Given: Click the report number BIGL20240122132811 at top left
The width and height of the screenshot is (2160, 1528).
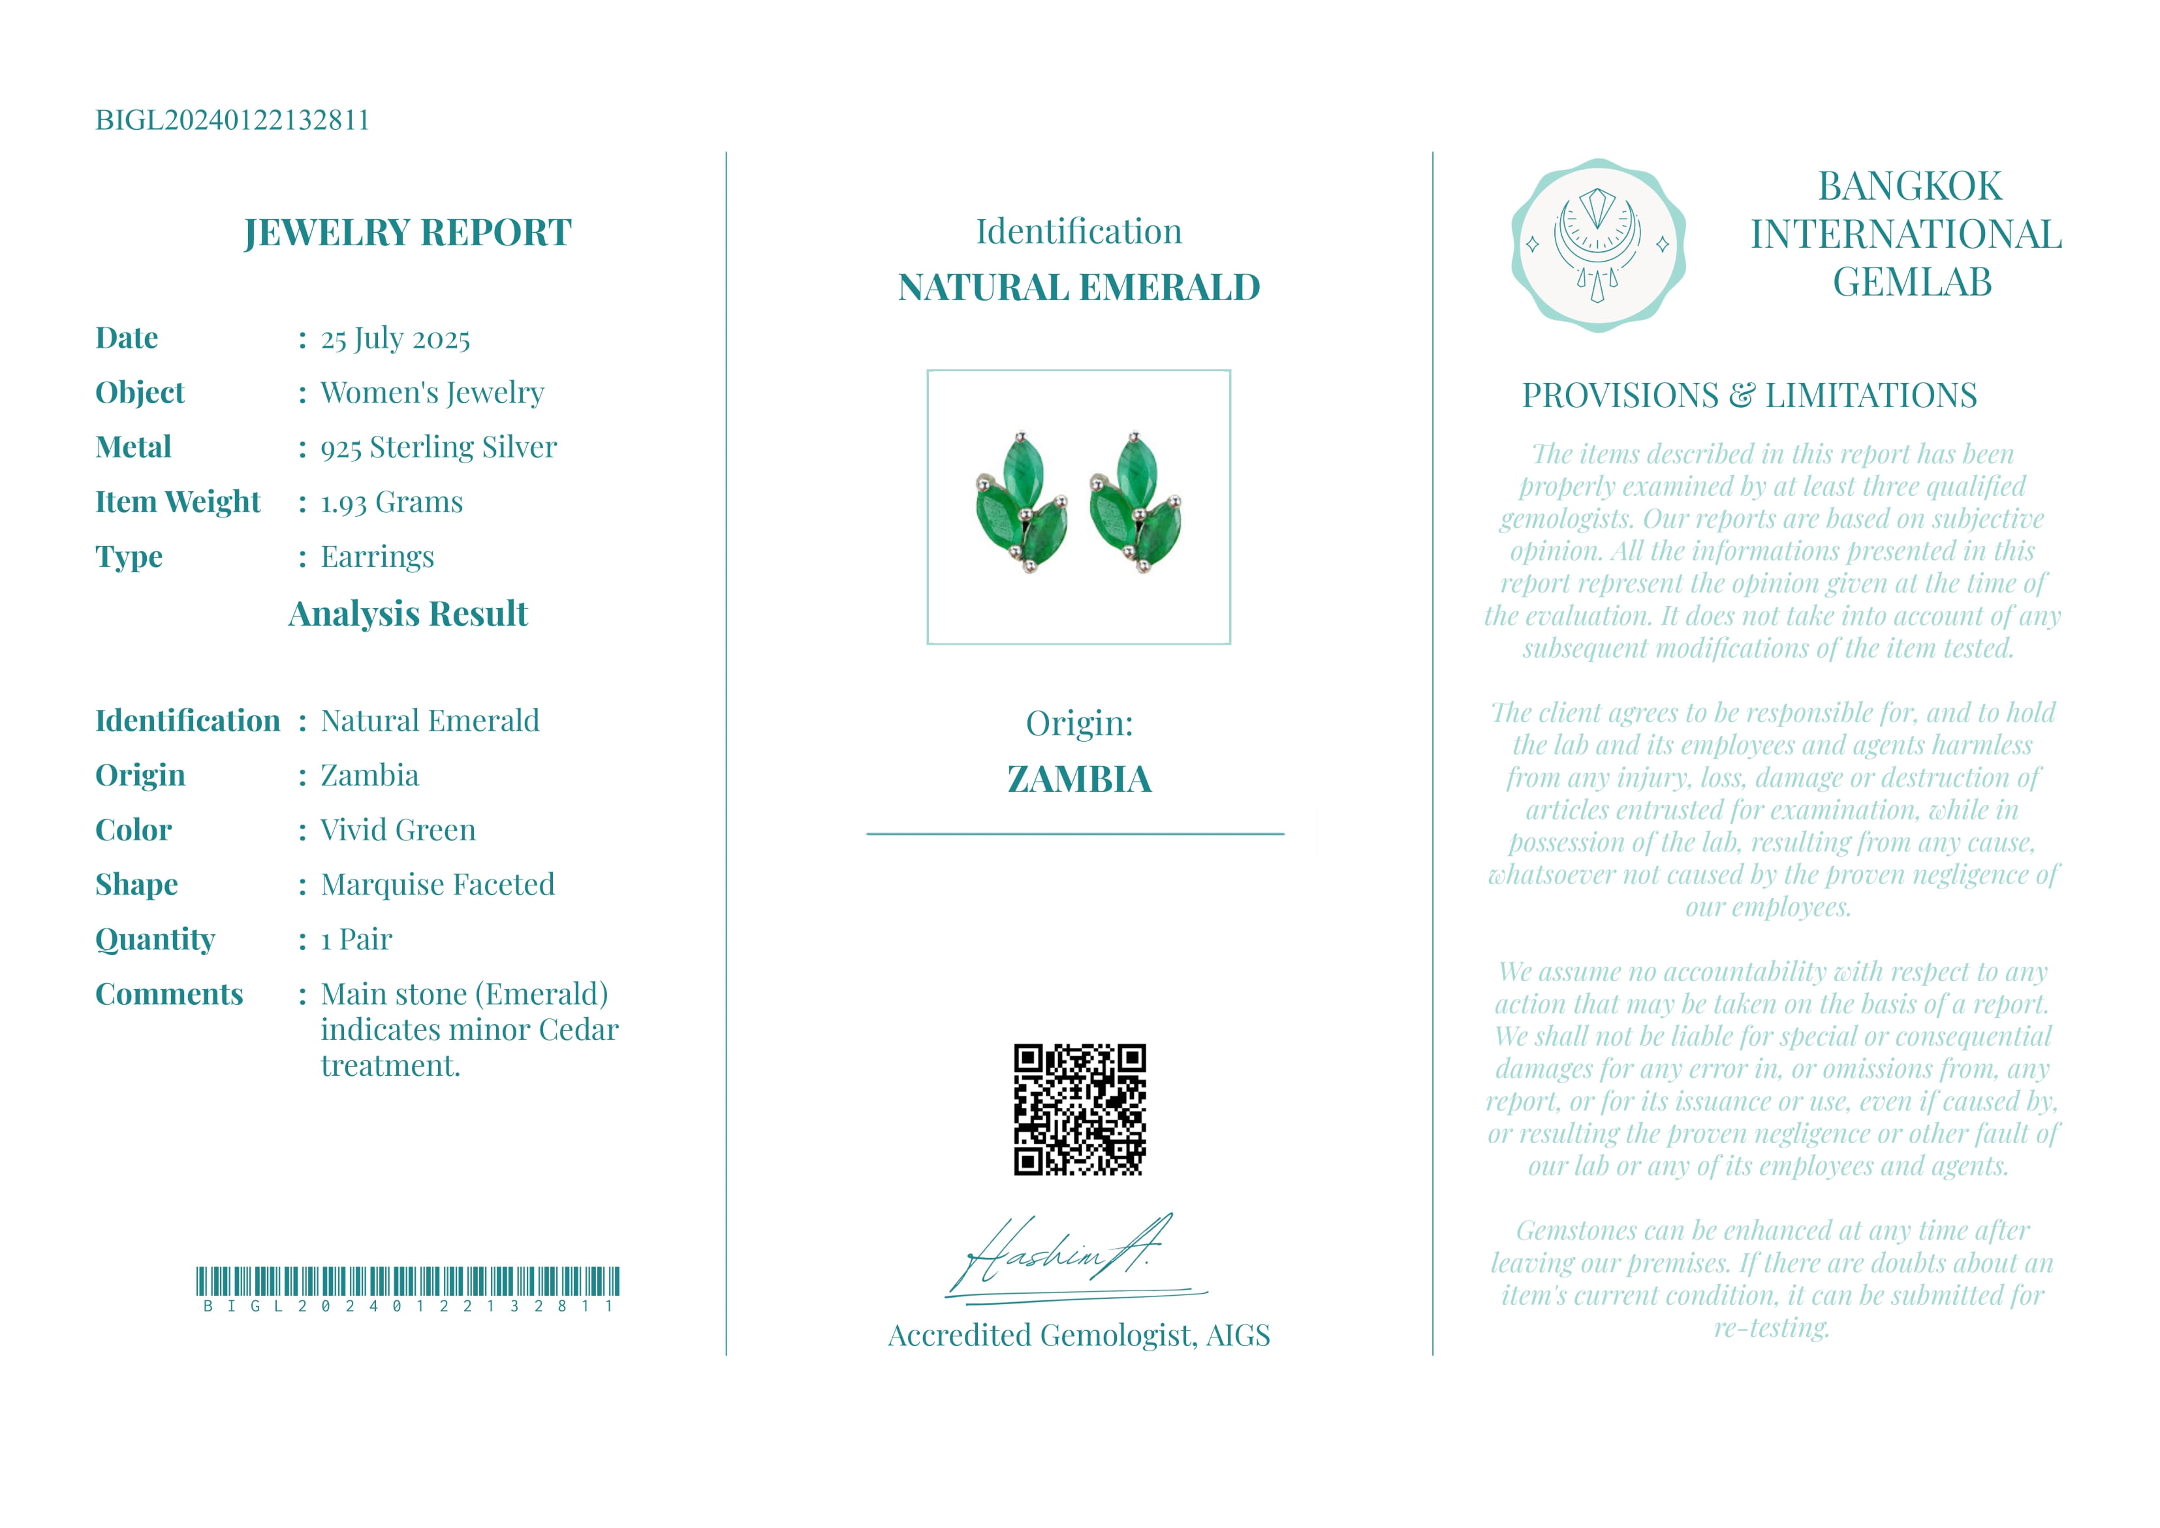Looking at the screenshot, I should click(x=232, y=121).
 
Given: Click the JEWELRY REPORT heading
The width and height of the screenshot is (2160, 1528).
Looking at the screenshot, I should click(x=407, y=232).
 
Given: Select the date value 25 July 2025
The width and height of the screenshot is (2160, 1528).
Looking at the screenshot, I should click(x=396, y=339).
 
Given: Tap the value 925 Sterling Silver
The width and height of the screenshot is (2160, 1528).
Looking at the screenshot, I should click(x=439, y=448).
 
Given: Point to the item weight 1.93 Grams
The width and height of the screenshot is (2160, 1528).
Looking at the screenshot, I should click(x=392, y=502).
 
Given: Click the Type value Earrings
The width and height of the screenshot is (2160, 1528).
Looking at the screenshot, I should click(x=377, y=557).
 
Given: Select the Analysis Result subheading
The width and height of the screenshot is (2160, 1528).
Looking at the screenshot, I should click(x=407, y=613).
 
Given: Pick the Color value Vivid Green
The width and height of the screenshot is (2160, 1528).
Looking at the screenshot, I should click(x=398, y=830).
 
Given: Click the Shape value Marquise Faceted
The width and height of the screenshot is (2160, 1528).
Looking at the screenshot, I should click(x=437, y=885).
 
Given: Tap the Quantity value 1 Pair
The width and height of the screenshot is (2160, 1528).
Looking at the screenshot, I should click(x=356, y=939).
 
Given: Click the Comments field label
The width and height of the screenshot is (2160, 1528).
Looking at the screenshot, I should click(x=170, y=994).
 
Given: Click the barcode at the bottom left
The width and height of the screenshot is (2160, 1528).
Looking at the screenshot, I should click(x=407, y=1283).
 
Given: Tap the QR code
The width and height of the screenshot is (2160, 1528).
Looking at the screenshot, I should click(x=1080, y=1109).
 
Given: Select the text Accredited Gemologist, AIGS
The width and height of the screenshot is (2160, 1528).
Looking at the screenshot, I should click(x=1078, y=1335).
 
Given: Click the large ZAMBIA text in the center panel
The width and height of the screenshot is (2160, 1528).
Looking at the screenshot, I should click(x=1078, y=779).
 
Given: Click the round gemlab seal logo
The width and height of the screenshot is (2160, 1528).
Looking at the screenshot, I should click(x=1598, y=245).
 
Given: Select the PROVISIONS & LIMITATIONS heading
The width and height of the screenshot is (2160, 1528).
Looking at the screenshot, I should click(x=1749, y=396).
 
